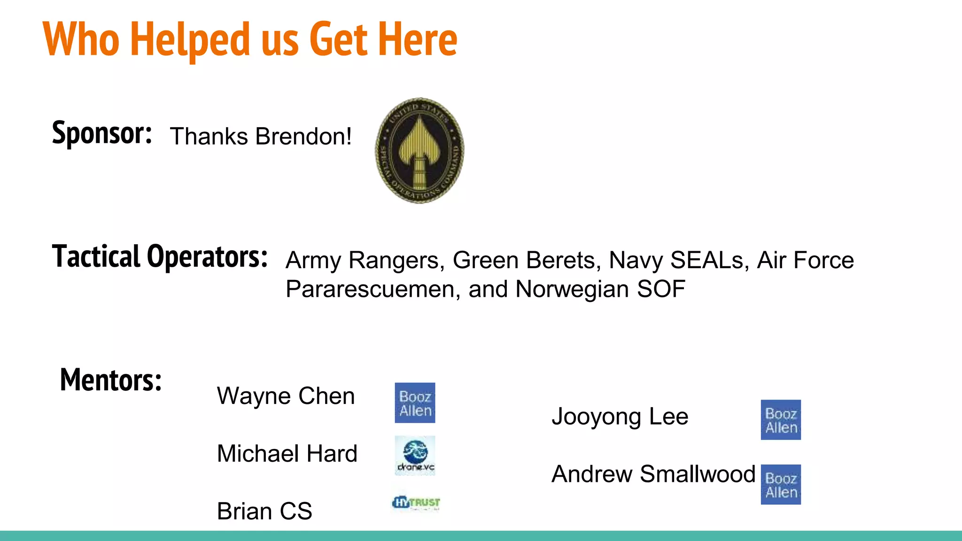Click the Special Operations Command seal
pos(419,151)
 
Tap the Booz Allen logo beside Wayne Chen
pos(415,403)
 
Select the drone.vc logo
pos(415,456)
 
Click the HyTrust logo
pos(416,503)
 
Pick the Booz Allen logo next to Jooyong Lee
pos(781,420)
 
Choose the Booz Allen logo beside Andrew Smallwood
pos(781,485)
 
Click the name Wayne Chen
pos(286,396)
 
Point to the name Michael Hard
pos(287,454)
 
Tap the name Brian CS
pos(264,511)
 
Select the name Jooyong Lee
pos(620,417)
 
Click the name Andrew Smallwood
pos(653,474)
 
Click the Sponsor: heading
pos(102,133)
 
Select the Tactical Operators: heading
pos(160,257)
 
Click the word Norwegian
pos(572,289)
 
